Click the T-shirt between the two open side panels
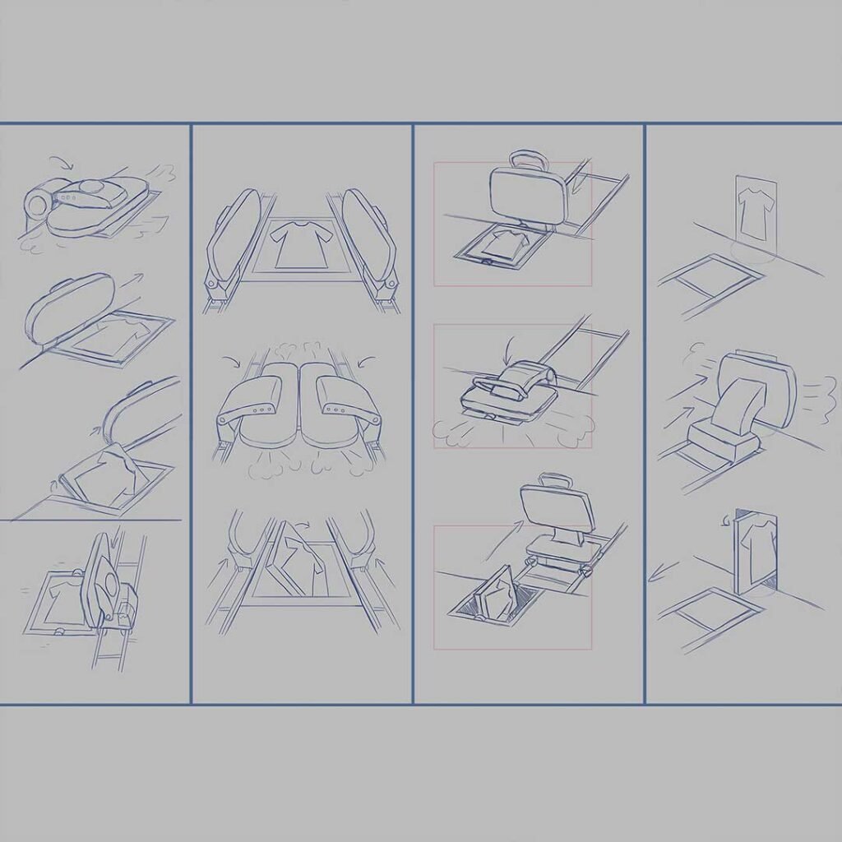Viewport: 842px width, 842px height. coord(301,243)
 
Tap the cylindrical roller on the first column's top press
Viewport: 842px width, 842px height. coord(38,200)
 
